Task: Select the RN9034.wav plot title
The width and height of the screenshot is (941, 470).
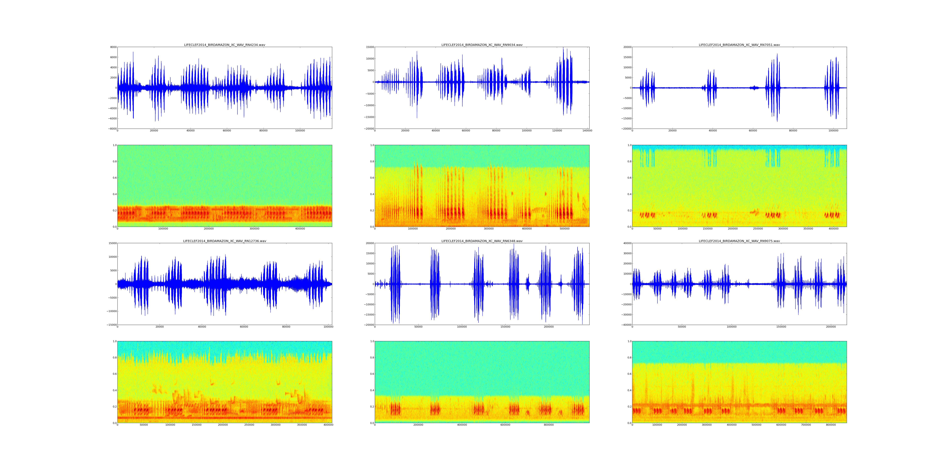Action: coord(482,45)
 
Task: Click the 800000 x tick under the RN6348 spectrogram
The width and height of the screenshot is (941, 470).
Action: coord(549,425)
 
